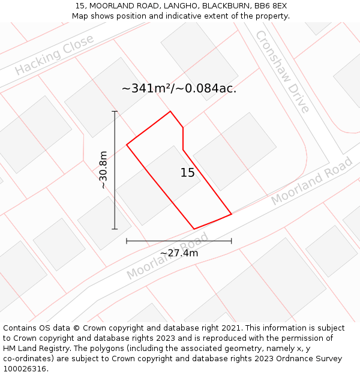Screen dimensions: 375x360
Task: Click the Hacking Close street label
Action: coord(55,55)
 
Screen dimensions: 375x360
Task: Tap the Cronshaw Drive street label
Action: coord(282,72)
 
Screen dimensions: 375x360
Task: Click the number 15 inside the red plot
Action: coord(188,173)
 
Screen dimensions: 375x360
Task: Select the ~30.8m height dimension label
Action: coord(103,170)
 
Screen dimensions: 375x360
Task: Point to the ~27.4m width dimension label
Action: coord(179,253)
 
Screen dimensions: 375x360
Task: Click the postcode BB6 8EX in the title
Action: coord(271,6)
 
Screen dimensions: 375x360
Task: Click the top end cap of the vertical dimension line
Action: coord(115,112)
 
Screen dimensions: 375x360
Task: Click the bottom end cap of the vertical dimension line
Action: coord(115,229)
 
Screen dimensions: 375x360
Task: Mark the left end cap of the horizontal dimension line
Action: coord(127,241)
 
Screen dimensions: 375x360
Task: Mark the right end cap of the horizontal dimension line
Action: coord(232,241)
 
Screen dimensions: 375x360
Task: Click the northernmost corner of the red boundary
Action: coord(171,112)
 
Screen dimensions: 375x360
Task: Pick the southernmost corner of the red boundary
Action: coord(194,229)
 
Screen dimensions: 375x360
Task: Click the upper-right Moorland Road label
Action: coord(311,182)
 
